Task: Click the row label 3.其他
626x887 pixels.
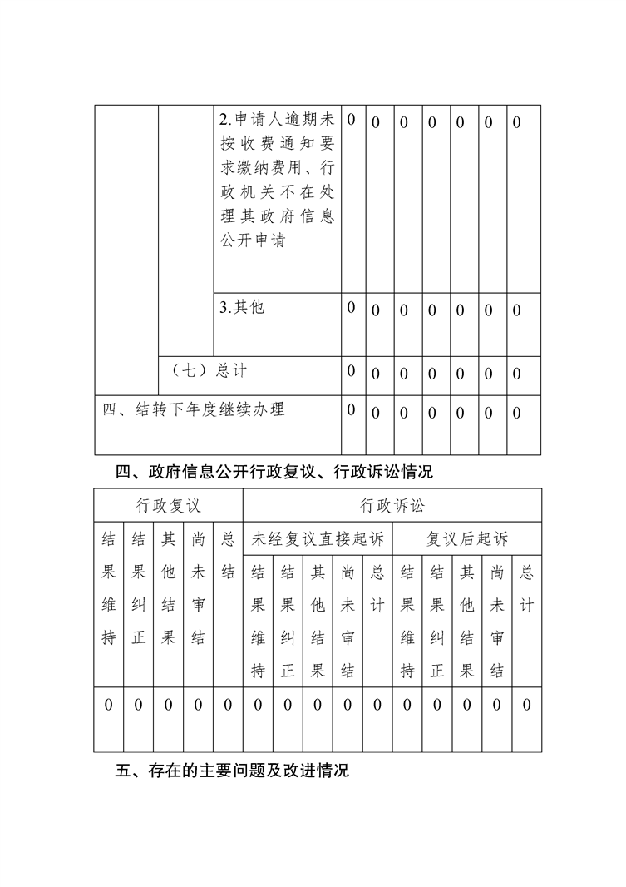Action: tap(242, 307)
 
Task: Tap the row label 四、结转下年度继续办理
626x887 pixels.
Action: tap(193, 409)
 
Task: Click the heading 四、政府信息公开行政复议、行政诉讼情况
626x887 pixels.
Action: tap(274, 473)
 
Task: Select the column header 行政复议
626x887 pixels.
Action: tap(168, 505)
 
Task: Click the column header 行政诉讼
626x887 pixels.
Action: tap(392, 505)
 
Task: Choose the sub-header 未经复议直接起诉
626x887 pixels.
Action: tap(318, 539)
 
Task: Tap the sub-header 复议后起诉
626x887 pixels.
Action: tap(466, 539)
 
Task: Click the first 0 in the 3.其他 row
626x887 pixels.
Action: tap(351, 307)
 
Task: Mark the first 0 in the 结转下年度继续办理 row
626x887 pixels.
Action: tap(351, 409)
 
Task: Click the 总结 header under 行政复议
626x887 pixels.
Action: tap(228, 555)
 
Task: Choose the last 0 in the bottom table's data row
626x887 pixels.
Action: tap(526, 706)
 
